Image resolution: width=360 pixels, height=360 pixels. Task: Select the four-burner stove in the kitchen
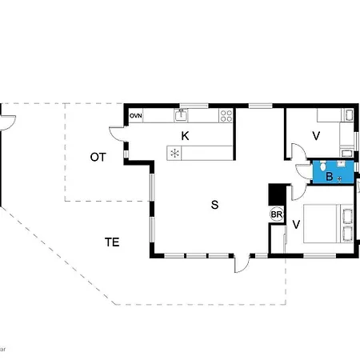coord(226,117)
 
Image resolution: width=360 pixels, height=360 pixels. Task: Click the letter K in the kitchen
coord(185,135)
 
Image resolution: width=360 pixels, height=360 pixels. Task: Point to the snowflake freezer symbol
coord(174,152)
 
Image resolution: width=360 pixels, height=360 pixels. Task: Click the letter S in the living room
coord(214,205)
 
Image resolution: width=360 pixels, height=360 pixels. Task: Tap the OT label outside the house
coord(98,158)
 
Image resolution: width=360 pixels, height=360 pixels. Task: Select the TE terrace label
coord(112,241)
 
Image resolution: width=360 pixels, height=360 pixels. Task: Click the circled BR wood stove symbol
coord(277,214)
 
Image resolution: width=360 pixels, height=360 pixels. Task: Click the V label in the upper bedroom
coord(316,135)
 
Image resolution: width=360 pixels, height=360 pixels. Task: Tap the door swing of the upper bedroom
coord(296,152)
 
